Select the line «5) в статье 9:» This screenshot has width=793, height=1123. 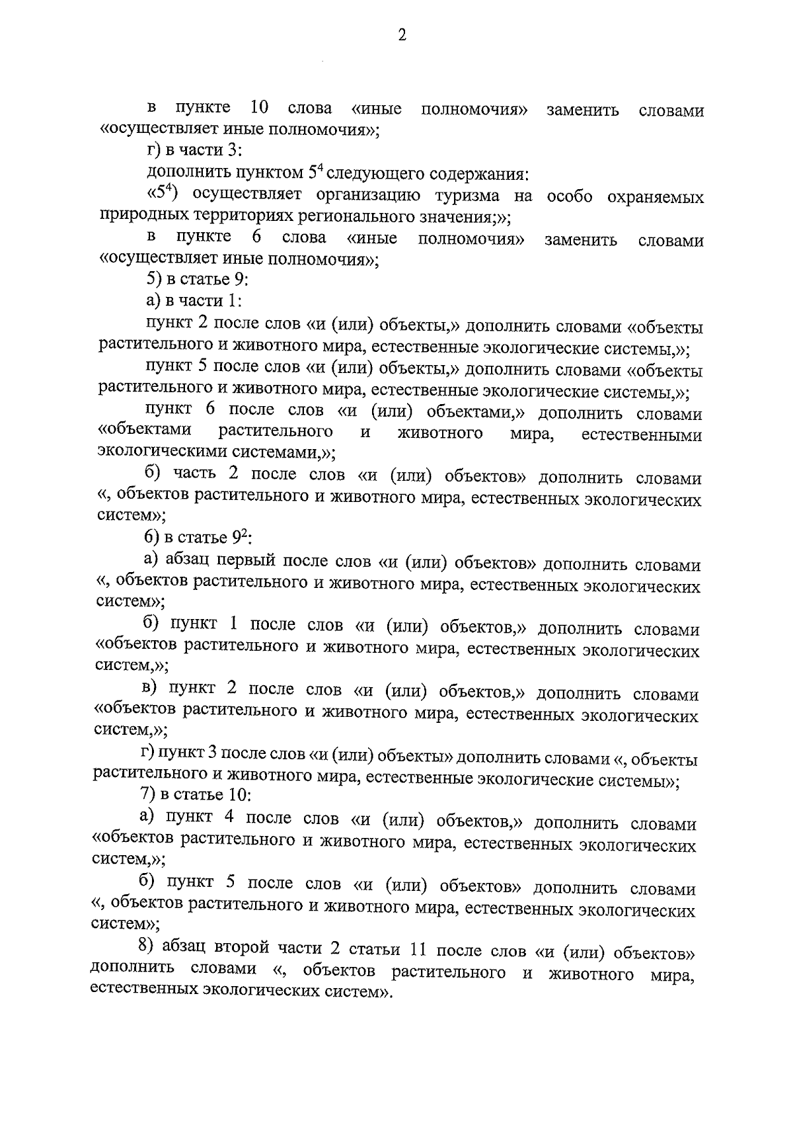(x=197, y=280)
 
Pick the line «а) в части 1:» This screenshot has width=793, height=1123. (x=194, y=301)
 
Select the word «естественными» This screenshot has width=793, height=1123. (x=641, y=435)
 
